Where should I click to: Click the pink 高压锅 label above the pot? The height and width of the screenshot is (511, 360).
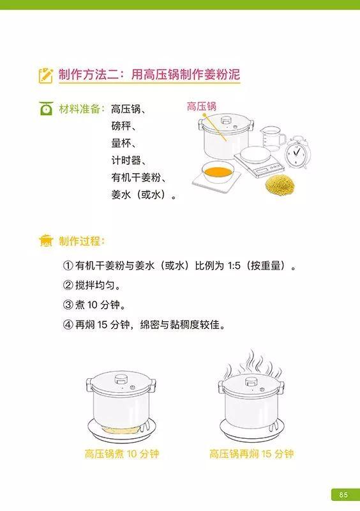point(201,107)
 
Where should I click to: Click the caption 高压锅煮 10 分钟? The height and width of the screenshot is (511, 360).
point(121,454)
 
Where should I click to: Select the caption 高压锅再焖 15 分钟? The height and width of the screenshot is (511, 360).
point(251,454)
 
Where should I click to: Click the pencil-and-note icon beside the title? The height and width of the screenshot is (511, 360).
point(45,75)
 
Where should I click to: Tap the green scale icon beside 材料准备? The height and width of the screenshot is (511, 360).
point(46,109)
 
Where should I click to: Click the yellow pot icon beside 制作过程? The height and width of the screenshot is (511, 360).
point(46,241)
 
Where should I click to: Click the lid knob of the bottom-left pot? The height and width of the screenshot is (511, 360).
point(121,379)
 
